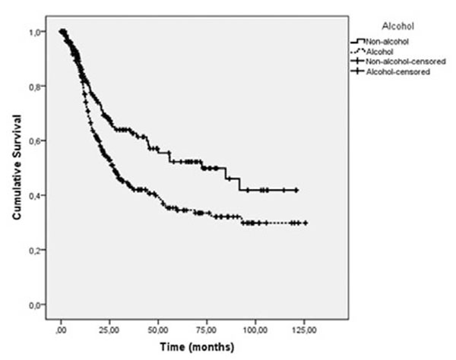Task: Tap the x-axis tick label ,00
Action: pos(62,330)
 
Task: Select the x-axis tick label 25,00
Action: pos(110,330)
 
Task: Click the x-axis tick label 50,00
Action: pos(158,330)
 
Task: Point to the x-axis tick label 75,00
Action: pos(207,330)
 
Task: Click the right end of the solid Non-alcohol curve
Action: pos(296,190)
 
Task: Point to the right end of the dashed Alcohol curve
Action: pos(306,223)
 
